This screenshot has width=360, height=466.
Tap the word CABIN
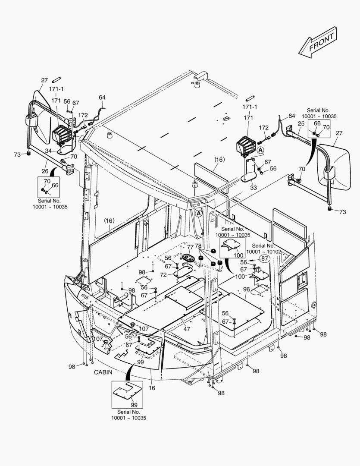[103, 372]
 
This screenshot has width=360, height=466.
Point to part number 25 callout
[301, 123]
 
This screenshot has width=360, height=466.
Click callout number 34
[49, 151]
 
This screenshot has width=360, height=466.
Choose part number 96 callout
[247, 290]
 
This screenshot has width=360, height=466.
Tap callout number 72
[163, 275]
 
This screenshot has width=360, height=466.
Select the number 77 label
[190, 246]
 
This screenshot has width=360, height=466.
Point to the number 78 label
[198, 246]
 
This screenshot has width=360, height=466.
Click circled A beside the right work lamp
[260, 150]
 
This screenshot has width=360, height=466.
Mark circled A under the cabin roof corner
[198, 213]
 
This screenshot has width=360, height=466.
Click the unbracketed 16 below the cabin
[152, 388]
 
